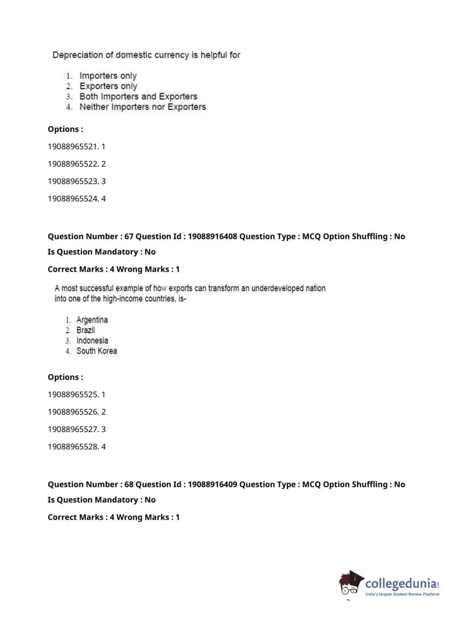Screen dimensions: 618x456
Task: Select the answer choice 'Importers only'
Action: (108, 76)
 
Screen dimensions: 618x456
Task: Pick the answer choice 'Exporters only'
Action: (108, 86)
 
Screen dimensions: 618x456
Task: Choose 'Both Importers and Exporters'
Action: (138, 97)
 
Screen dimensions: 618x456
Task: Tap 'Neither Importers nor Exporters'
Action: (143, 107)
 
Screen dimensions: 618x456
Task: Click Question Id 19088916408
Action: (212, 237)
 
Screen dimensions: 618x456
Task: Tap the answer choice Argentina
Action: (92, 320)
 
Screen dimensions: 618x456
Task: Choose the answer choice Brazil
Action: (86, 330)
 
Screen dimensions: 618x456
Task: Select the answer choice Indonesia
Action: (92, 341)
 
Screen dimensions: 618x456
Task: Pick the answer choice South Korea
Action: (97, 351)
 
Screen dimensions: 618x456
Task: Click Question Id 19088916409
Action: (212, 484)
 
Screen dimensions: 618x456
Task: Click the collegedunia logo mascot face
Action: (350, 585)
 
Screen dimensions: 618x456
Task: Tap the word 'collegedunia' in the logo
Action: (400, 583)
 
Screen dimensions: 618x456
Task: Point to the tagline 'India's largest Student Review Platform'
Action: (402, 594)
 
